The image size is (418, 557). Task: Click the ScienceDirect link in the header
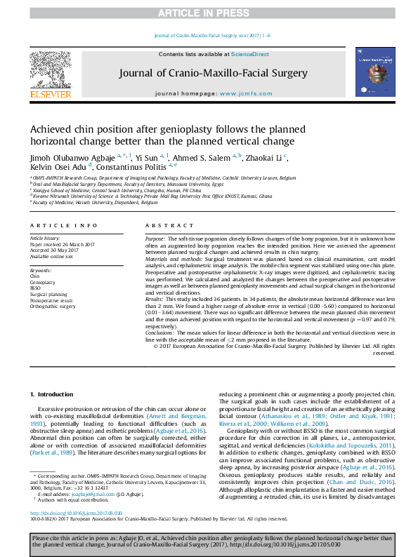tap(240, 54)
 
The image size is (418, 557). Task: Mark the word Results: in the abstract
tap(155, 298)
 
